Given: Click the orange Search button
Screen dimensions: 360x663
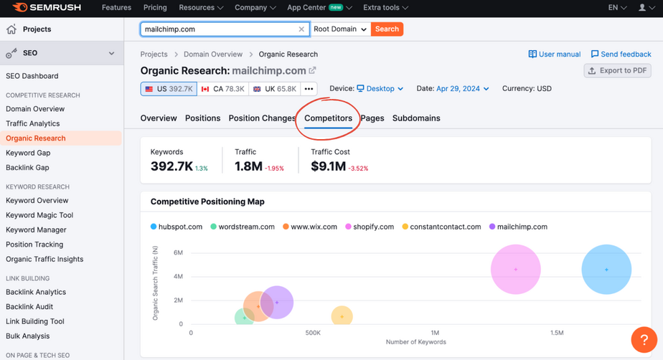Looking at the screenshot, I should coord(387,29).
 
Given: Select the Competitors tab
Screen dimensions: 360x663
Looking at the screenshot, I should coord(328,118).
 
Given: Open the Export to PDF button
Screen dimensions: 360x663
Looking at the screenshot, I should coord(618,71).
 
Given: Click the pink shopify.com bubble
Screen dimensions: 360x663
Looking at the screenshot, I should coord(515,270).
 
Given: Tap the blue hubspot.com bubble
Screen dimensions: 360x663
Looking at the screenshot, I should coord(606,270).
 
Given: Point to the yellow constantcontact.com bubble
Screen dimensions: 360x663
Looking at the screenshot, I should coord(342,316).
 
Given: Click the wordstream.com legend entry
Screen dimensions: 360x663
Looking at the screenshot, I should coord(243,227).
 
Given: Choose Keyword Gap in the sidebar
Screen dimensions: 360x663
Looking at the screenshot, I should coord(27,153).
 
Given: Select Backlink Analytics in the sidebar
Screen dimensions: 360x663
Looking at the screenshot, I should coord(36,292).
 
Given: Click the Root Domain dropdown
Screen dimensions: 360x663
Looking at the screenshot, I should coord(341,29).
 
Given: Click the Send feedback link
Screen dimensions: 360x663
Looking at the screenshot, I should coord(621,55).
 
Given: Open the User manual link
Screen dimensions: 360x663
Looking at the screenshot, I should coord(555,55).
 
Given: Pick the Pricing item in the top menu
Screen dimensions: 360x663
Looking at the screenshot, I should coord(155,8).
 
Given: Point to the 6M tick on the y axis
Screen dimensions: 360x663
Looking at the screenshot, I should coord(177,252).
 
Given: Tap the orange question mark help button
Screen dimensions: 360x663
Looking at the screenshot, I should coord(644,340).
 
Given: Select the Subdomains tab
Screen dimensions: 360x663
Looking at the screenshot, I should coord(416,118).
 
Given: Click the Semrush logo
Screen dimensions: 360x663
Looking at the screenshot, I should coord(47,8).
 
